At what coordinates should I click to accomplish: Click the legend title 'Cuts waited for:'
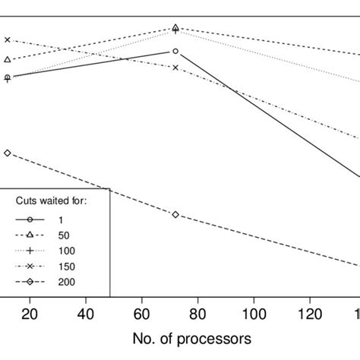(x=53, y=201)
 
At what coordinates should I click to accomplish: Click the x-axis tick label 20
(x=30, y=312)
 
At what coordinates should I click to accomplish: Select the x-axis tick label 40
(x=86, y=312)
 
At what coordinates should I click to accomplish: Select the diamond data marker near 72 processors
(x=175, y=214)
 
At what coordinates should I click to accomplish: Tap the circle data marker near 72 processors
(x=175, y=51)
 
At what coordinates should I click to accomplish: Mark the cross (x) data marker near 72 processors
(x=175, y=68)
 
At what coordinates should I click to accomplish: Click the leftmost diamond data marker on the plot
(x=8, y=153)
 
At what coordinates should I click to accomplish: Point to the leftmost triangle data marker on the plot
(x=8, y=59)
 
